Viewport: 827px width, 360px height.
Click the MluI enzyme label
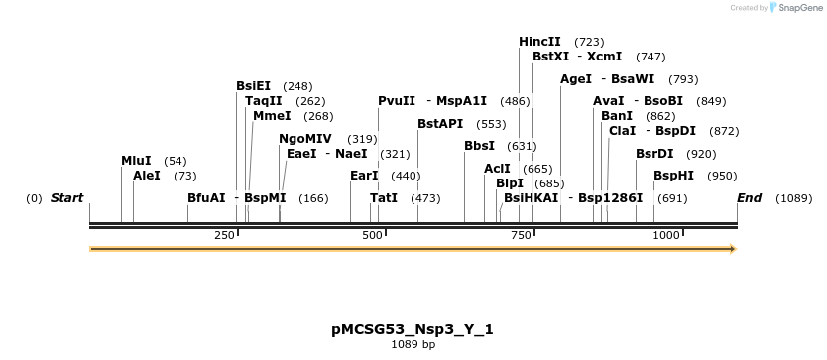tap(136, 161)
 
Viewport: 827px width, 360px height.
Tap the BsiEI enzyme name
tap(253, 86)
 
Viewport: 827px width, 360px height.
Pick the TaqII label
tap(263, 101)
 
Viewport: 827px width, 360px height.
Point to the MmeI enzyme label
tap(272, 116)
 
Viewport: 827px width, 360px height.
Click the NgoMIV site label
tap(305, 139)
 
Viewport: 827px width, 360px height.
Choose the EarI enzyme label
tap(365, 176)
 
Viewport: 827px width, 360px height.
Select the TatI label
tap(384, 198)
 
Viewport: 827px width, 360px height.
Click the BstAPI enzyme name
tap(440, 124)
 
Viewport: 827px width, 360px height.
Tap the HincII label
tap(539, 42)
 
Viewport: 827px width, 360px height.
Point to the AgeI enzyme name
tap(576, 79)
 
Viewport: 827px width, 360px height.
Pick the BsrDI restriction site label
tap(654, 154)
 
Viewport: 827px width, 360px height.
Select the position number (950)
tap(722, 176)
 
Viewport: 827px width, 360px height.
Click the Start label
tap(66, 198)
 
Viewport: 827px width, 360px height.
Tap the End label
tap(749, 198)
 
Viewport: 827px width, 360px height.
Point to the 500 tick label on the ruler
tap(372, 235)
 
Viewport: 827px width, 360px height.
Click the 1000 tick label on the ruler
tap(666, 235)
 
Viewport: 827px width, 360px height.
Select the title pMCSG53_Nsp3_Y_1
tap(413, 329)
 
